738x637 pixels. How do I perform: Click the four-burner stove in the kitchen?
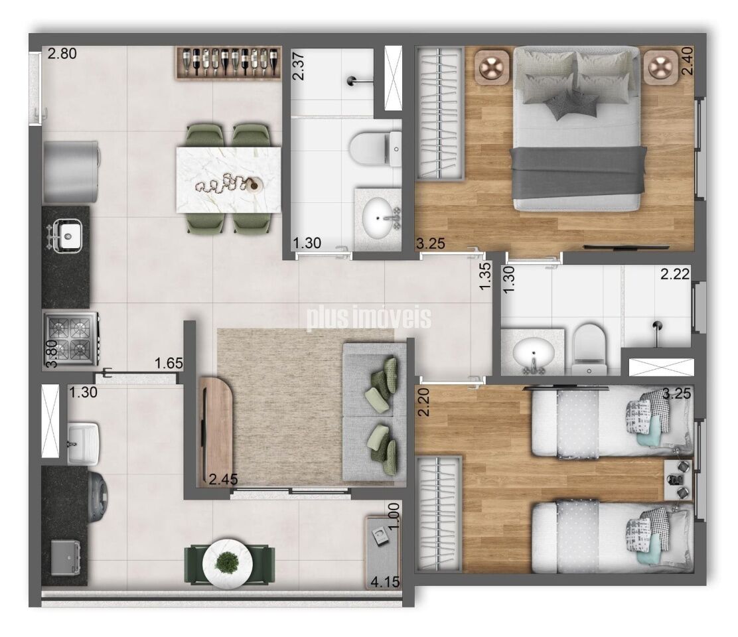72,338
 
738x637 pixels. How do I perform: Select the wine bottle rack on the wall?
228,63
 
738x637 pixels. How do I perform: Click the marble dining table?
228,179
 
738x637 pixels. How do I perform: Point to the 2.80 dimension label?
62,54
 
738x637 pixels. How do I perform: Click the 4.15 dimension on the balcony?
385,582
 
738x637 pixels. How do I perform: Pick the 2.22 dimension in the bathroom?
675,274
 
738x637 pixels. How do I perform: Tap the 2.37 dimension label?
299,66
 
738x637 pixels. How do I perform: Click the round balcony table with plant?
228,563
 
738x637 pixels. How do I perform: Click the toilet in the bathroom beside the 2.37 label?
376,148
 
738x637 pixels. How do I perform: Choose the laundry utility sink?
83,443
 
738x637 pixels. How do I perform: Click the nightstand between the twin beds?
679,479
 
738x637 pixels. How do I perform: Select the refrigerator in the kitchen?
70,172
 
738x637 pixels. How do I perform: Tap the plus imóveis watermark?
369,318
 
